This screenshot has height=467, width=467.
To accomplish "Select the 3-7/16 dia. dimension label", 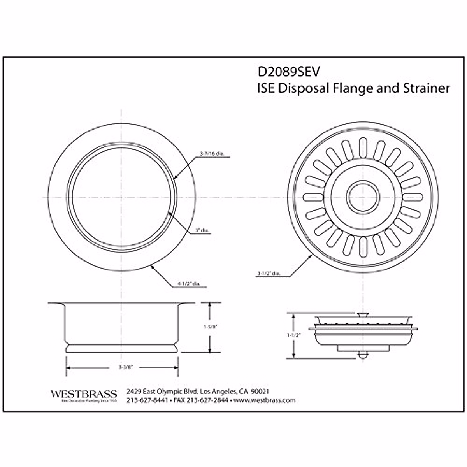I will tap(211, 154).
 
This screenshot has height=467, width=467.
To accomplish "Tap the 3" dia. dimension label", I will tap(202, 231).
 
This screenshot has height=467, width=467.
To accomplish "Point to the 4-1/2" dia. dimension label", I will tap(188, 284).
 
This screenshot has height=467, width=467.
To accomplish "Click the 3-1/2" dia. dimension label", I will tap(268, 274).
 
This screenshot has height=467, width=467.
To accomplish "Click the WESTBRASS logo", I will tap(84, 394).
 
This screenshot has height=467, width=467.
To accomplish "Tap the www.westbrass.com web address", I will tap(265, 400).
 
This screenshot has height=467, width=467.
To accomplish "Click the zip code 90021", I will tap(260, 391).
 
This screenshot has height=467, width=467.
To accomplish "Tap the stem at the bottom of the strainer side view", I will tap(362, 355).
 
